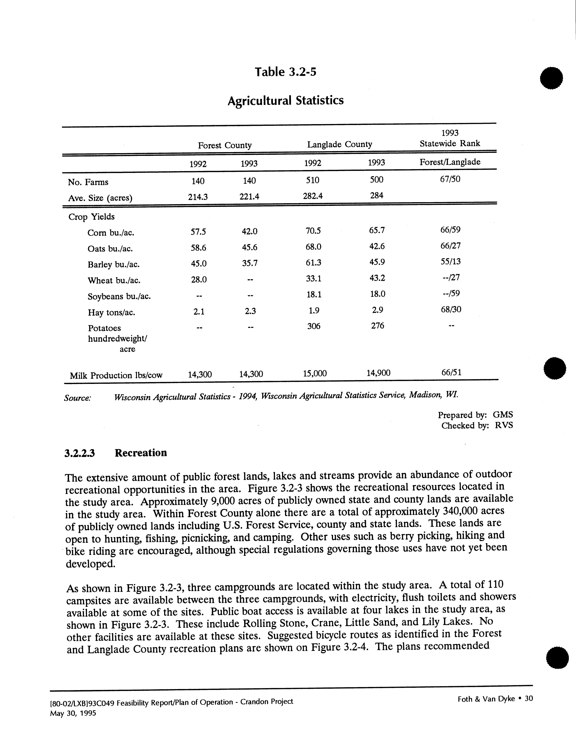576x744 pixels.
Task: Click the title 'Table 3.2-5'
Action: (x=285, y=72)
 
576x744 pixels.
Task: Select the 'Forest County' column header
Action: (x=225, y=145)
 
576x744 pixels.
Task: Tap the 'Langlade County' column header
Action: (x=340, y=144)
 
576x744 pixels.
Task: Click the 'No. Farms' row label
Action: (x=88, y=182)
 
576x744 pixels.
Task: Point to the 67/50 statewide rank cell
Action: (x=450, y=179)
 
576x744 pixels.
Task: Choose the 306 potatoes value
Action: (x=314, y=326)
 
